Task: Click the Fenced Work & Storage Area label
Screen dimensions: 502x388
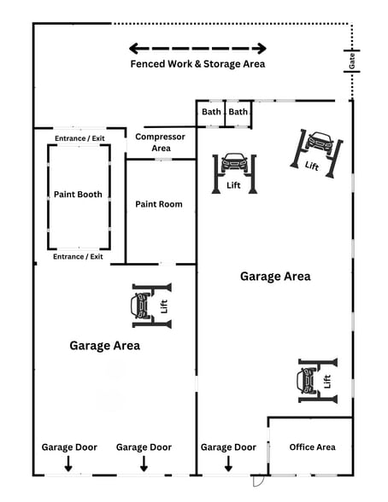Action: pyautogui.click(x=197, y=64)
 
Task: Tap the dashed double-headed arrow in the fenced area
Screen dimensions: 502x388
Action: pyautogui.click(x=197, y=49)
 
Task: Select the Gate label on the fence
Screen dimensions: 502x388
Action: pyautogui.click(x=351, y=61)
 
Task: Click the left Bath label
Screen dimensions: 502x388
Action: pyautogui.click(x=210, y=112)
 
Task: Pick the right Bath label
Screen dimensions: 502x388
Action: pyautogui.click(x=238, y=112)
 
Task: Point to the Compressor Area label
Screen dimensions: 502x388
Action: pyautogui.click(x=162, y=142)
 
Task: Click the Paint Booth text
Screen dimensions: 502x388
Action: pyautogui.click(x=78, y=195)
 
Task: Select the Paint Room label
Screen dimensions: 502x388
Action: pyautogui.click(x=159, y=204)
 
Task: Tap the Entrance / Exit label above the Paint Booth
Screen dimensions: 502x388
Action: pyautogui.click(x=78, y=137)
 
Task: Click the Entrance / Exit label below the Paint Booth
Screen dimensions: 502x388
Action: pyautogui.click(x=78, y=256)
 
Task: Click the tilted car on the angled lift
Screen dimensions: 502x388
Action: pyautogui.click(x=320, y=142)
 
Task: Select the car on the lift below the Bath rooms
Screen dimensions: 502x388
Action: pyautogui.click(x=233, y=162)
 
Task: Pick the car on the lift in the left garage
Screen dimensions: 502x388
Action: pyautogui.click(x=140, y=304)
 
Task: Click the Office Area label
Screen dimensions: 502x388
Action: pyautogui.click(x=312, y=447)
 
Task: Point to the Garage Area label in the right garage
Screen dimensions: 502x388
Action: pyautogui.click(x=275, y=277)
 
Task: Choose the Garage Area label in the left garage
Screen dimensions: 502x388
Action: pyautogui.click(x=104, y=346)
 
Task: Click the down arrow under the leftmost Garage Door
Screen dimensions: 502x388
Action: pyautogui.click(x=69, y=464)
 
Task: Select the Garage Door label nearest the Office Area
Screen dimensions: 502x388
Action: pyautogui.click(x=228, y=447)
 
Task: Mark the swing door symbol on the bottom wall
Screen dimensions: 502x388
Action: pyautogui.click(x=259, y=481)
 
